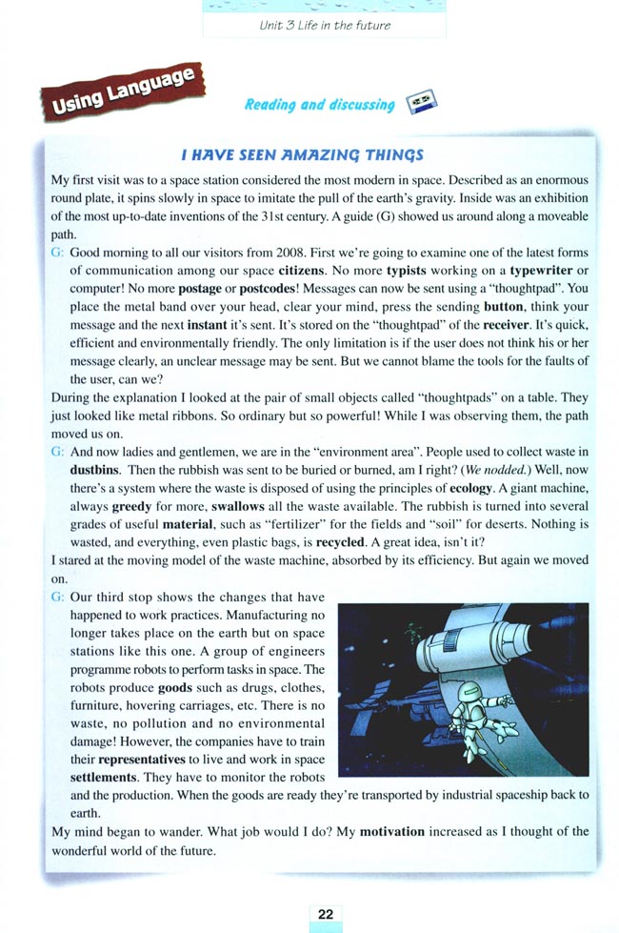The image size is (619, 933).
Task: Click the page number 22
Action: [325, 913]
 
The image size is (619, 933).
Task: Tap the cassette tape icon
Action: [420, 104]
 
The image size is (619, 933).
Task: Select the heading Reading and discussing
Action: [319, 105]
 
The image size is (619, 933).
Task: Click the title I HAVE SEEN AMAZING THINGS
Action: [302, 154]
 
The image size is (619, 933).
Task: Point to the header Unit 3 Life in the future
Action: [325, 25]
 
